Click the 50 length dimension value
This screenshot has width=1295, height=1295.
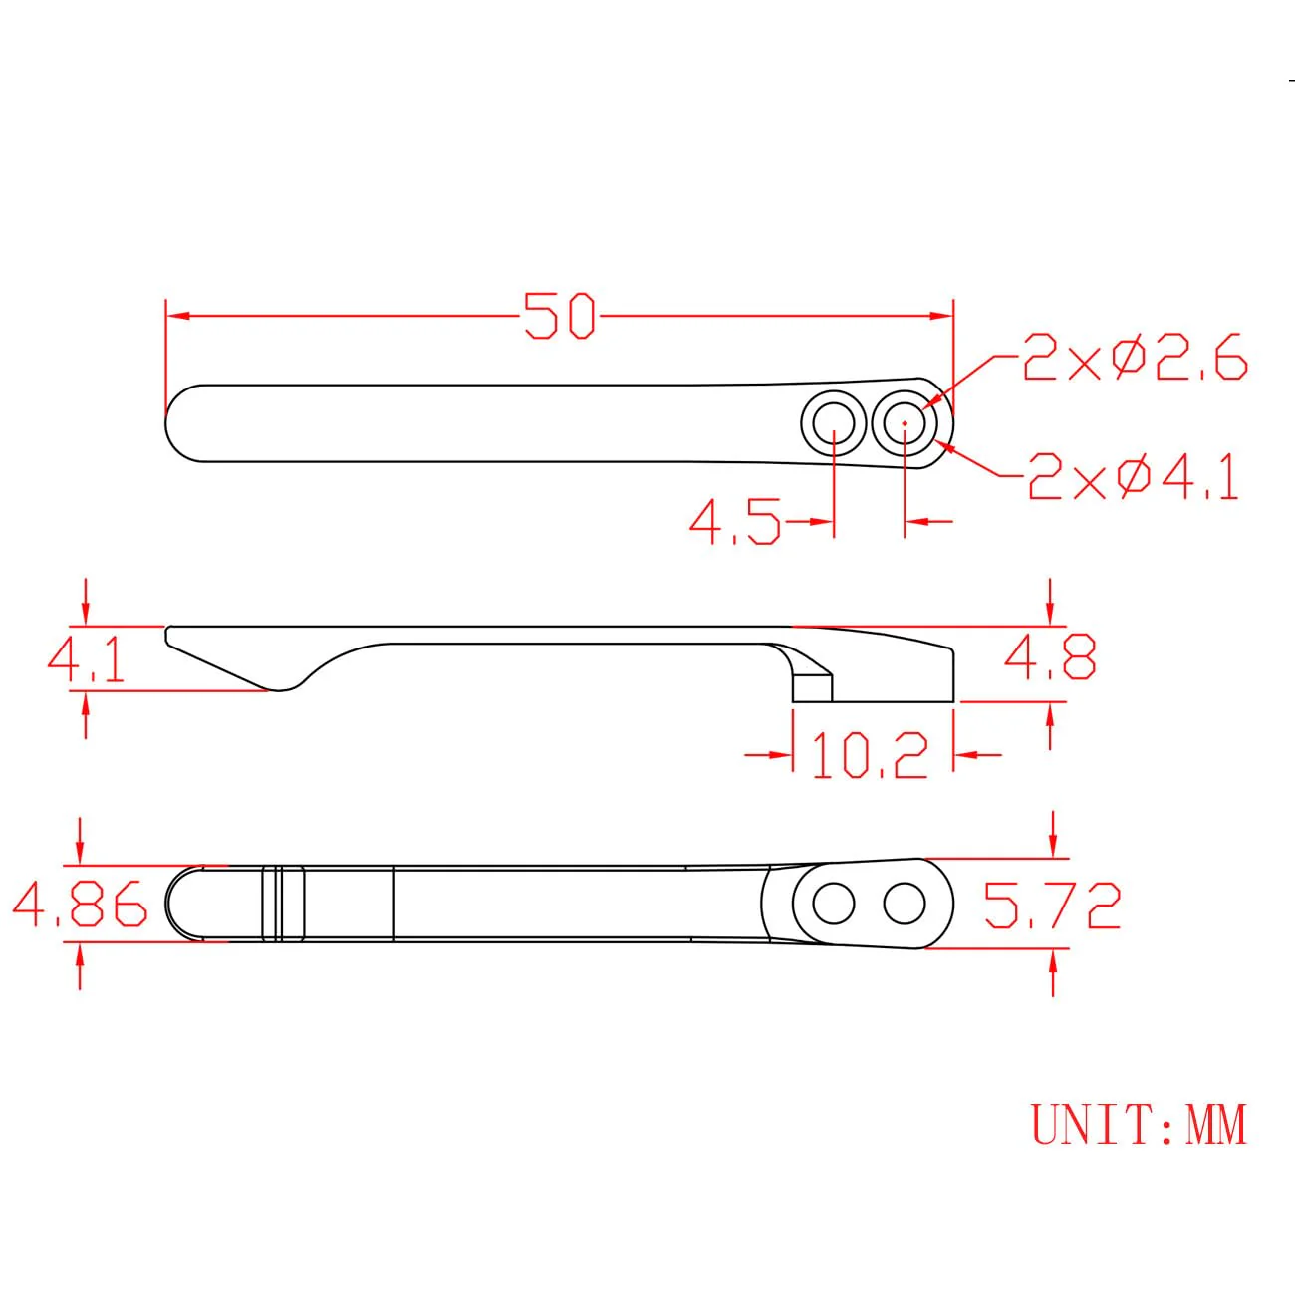559,316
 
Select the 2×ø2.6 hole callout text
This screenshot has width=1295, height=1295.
1135,359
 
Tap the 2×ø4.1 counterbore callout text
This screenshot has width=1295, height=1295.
1134,477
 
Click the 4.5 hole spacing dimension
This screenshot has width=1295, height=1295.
734,522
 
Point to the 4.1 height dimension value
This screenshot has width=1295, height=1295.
87,660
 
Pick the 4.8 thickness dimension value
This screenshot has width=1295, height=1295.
1050,656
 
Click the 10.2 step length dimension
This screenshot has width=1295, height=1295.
870,756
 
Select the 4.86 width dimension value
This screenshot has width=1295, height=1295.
80,905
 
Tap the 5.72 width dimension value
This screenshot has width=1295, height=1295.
1052,905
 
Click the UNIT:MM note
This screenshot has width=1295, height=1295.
1138,1125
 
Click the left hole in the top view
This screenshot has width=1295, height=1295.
833,423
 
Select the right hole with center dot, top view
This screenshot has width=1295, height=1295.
904,423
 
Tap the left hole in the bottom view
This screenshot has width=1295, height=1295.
833,905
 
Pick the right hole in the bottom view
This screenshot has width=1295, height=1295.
904,905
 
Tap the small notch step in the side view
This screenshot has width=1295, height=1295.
812,685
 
